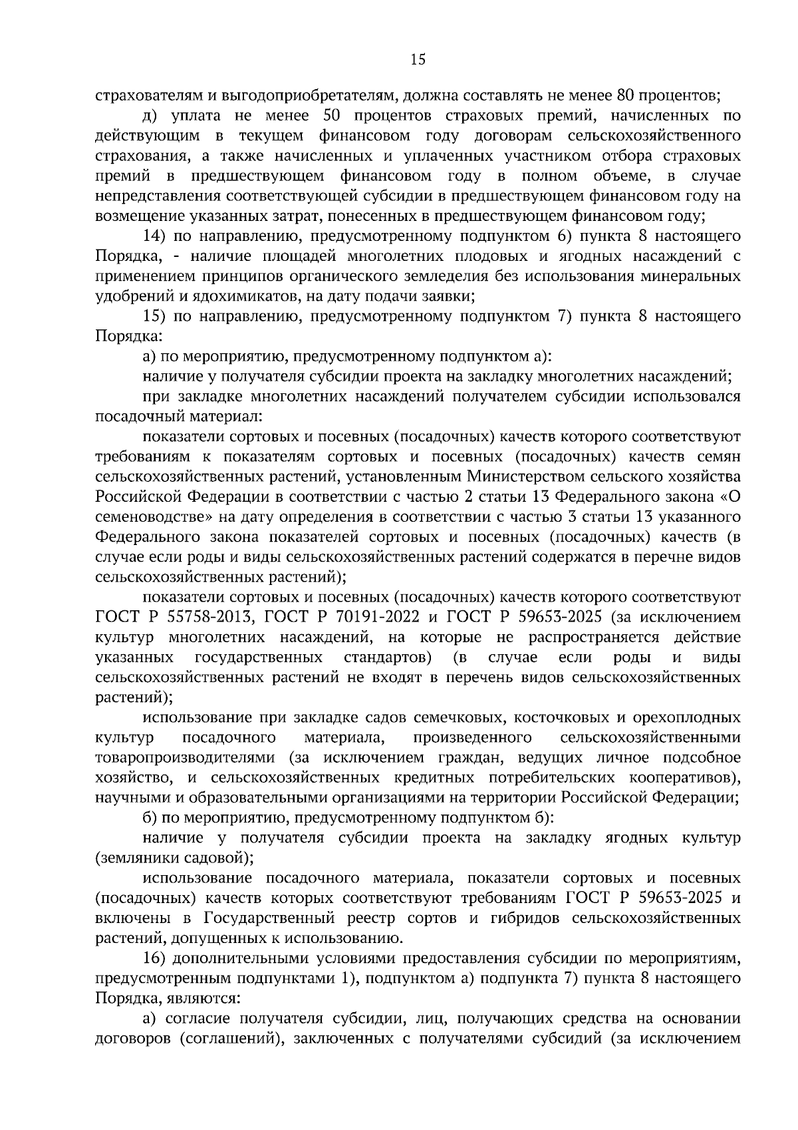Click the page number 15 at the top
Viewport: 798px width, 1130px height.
point(418,60)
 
